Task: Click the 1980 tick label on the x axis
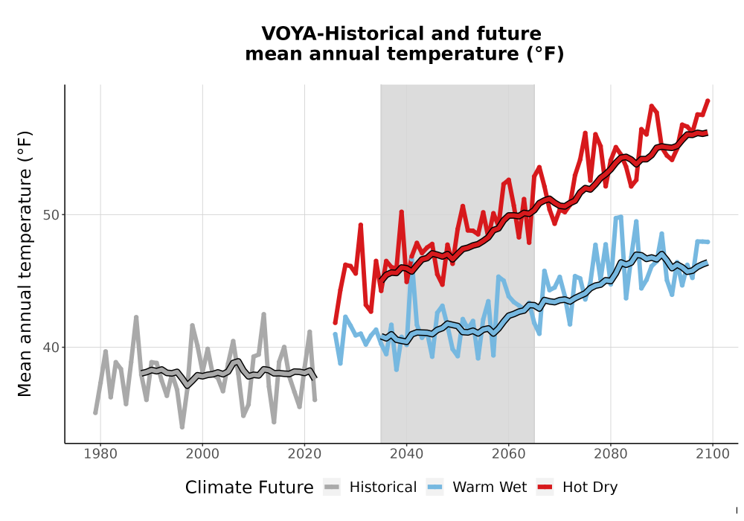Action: point(100,454)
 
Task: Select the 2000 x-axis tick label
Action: point(202,454)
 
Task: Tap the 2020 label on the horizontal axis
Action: point(304,454)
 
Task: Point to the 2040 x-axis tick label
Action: point(406,454)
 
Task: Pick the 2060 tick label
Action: point(508,454)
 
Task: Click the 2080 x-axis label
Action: point(610,454)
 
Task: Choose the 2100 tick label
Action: point(712,454)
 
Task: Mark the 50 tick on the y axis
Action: point(51,215)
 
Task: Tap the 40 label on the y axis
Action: point(51,348)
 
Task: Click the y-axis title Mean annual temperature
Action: point(25,263)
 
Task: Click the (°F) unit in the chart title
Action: point(545,54)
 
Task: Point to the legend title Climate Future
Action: point(249,488)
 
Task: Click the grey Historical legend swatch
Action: point(332,488)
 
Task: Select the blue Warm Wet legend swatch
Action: point(434,488)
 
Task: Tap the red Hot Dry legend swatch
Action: point(545,488)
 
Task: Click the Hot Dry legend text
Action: point(590,488)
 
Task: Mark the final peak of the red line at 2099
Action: point(708,100)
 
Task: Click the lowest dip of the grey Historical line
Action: point(182,426)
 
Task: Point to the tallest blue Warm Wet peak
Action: point(620,217)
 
